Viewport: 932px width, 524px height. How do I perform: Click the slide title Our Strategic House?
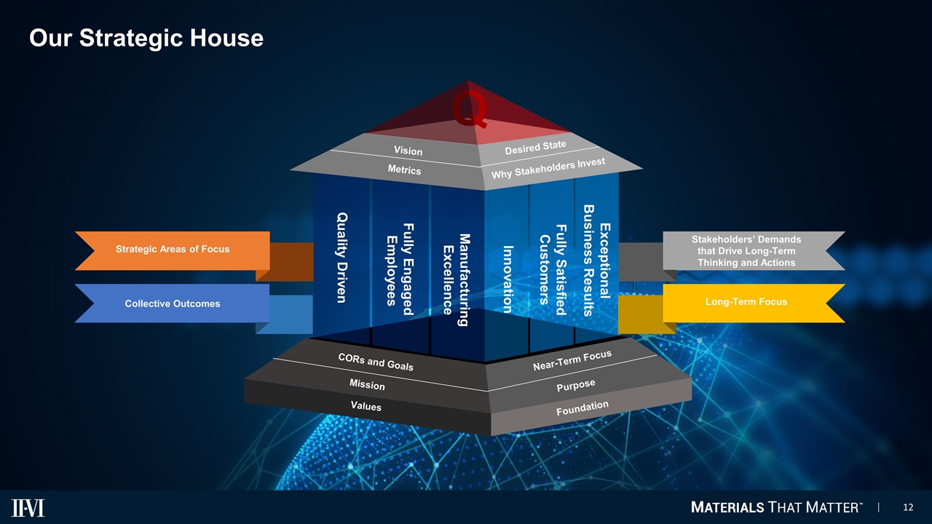[146, 37]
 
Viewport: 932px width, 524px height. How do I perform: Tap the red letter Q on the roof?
[469, 110]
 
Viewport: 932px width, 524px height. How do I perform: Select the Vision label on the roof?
[408, 151]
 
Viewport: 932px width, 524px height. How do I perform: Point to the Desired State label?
[535, 148]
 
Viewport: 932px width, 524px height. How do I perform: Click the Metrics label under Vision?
[404, 170]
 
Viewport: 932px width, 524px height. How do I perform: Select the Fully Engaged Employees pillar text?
[399, 260]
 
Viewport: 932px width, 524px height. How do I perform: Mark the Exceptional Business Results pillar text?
[598, 260]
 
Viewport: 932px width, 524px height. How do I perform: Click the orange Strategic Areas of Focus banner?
[173, 250]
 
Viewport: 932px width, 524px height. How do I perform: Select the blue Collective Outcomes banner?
[173, 303]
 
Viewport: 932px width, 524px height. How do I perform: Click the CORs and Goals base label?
[376, 362]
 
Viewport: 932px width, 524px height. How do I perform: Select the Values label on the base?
[366, 406]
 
